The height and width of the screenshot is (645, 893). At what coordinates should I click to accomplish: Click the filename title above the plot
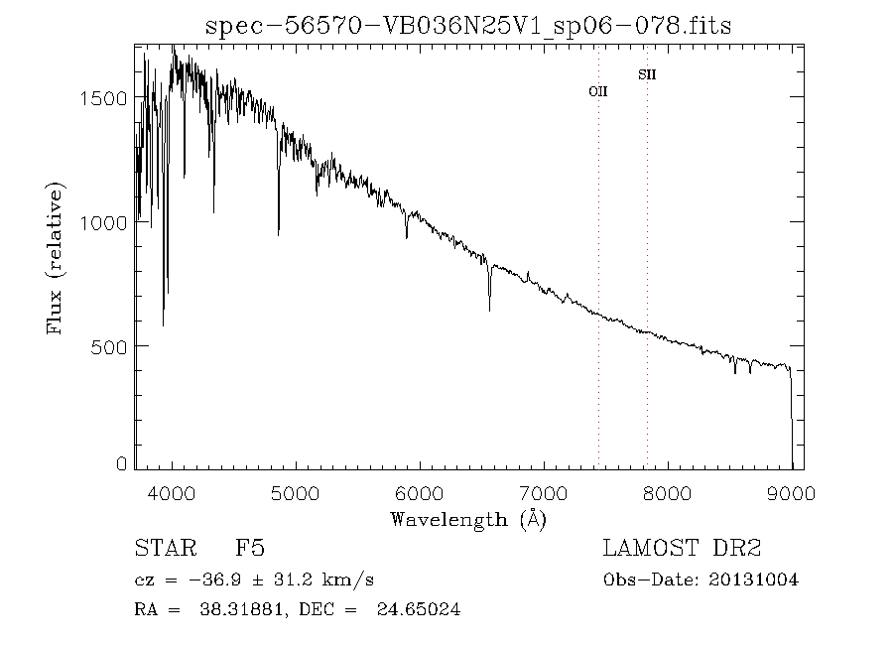(468, 26)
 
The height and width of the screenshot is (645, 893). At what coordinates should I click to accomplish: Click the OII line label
(598, 91)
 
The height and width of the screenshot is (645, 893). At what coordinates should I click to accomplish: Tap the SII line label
(647, 74)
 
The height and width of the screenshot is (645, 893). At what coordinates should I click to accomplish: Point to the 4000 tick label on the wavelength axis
(173, 493)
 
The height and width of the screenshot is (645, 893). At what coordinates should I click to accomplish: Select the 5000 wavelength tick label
(297, 493)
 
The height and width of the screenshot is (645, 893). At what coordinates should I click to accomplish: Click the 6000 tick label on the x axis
(421, 493)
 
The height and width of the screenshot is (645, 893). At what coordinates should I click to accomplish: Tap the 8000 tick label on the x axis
(668, 493)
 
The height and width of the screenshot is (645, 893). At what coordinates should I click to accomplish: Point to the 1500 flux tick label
(104, 98)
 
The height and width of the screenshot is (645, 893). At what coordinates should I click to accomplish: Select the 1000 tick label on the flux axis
(104, 222)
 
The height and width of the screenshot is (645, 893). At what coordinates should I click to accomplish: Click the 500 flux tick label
(110, 346)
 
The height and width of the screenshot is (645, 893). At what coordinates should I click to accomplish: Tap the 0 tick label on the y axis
(122, 463)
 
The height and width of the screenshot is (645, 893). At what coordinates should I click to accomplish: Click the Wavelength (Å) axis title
(468, 519)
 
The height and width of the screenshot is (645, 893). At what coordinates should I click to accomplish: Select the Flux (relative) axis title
(57, 258)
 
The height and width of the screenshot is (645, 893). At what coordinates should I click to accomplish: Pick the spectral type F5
(249, 549)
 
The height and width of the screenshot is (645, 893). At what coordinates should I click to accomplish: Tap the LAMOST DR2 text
(683, 549)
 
